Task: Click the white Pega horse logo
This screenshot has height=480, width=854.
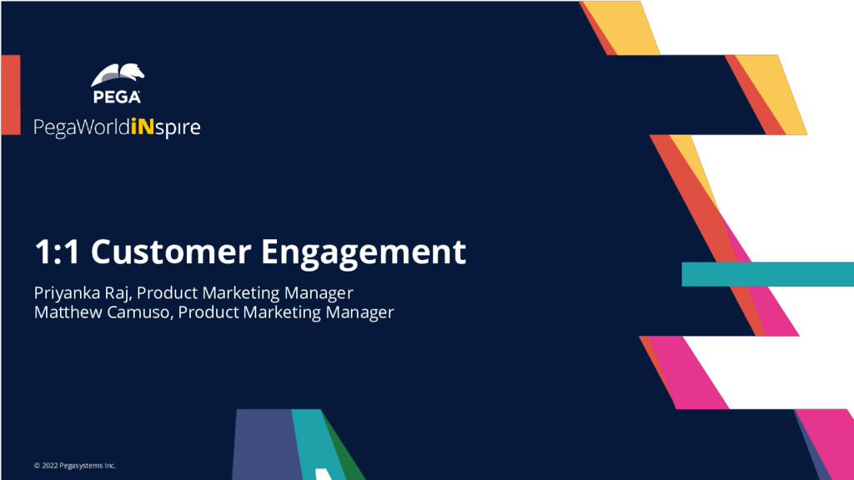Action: pyautogui.click(x=117, y=75)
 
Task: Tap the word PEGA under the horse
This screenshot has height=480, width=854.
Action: pyautogui.click(x=117, y=97)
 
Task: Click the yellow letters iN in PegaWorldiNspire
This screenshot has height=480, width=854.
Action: pyautogui.click(x=143, y=127)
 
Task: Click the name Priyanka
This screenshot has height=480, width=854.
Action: pyautogui.click(x=67, y=293)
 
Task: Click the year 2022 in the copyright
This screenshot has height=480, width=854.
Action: pyautogui.click(x=49, y=465)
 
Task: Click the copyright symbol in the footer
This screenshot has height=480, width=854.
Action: pyautogui.click(x=37, y=466)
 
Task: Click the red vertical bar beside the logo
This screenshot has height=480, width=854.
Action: pyautogui.click(x=11, y=95)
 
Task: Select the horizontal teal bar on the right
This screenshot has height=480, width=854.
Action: pyautogui.click(x=768, y=273)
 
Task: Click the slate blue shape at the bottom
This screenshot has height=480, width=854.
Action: pyautogui.click(x=266, y=445)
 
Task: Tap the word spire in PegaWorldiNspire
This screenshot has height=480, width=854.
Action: pyautogui.click(x=178, y=128)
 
